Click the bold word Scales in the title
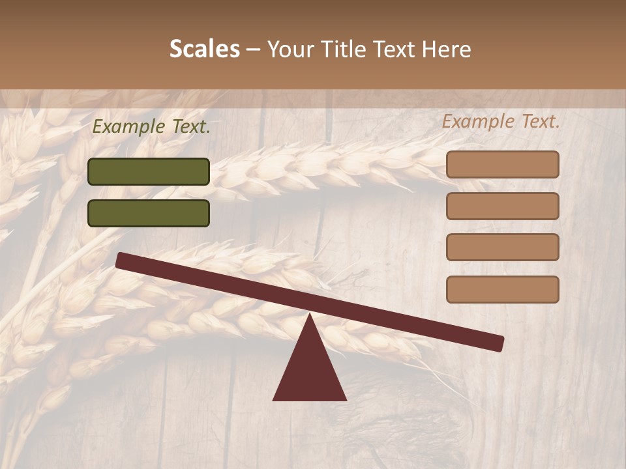[x=204, y=50]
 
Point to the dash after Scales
[x=254, y=50]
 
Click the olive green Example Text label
[x=151, y=127]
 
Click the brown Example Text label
[x=501, y=121]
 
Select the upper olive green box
[x=149, y=171]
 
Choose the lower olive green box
[x=149, y=213]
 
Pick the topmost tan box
[x=502, y=164]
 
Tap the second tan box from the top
[x=502, y=206]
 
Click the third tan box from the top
[x=502, y=248]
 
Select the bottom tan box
[x=502, y=289]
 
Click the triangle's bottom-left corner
[x=274, y=399]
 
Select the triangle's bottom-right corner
[x=346, y=399]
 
